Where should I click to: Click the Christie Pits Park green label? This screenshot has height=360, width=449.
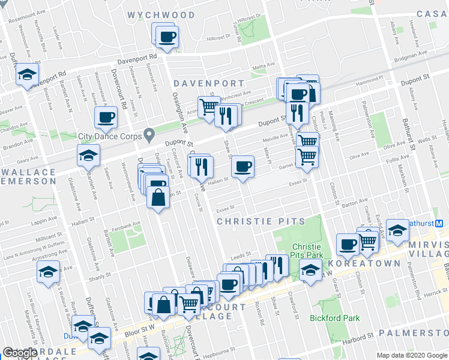307,251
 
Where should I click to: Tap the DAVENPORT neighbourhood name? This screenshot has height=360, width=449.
209,83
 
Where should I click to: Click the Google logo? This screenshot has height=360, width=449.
20,353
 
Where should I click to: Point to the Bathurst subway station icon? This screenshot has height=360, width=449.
439,223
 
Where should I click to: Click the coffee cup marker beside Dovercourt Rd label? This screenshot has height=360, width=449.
106,117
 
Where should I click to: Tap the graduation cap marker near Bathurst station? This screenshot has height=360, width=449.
397,230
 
